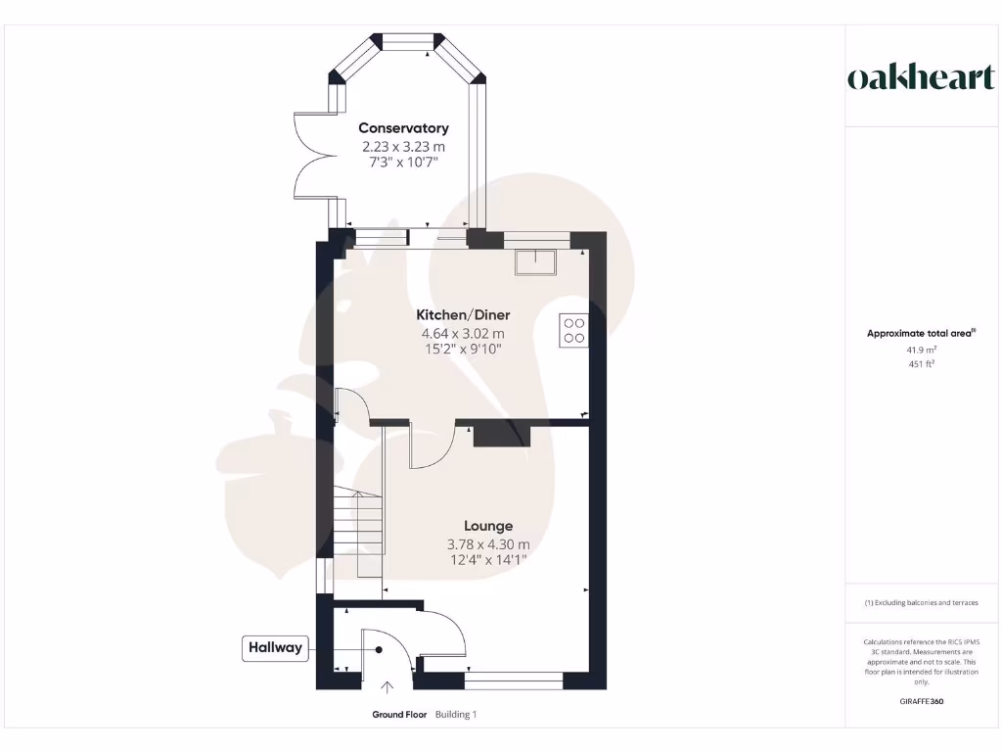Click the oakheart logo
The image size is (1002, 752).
pyautogui.click(x=921, y=78)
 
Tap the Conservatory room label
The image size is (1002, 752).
pyautogui.click(x=403, y=128)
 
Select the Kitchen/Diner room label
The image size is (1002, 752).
pyautogui.click(x=463, y=315)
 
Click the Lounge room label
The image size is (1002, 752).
pyautogui.click(x=488, y=526)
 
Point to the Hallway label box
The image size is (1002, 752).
pyautogui.click(x=275, y=647)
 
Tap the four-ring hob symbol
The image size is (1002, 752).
pyautogui.click(x=573, y=330)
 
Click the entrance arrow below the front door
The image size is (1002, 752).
pyautogui.click(x=387, y=687)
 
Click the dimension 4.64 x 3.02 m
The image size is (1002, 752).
pyautogui.click(x=463, y=334)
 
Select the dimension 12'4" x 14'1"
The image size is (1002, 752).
pyautogui.click(x=488, y=560)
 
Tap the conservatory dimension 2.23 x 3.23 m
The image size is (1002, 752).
pyautogui.click(x=403, y=146)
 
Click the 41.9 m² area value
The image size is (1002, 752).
pyautogui.click(x=921, y=350)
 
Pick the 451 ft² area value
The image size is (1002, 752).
pyautogui.click(x=921, y=364)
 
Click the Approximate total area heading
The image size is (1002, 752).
pyautogui.click(x=920, y=334)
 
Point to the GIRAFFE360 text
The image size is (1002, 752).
pyautogui.click(x=921, y=701)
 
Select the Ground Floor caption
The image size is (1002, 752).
pyautogui.click(x=399, y=715)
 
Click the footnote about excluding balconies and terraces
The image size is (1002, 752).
pyautogui.click(x=921, y=603)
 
